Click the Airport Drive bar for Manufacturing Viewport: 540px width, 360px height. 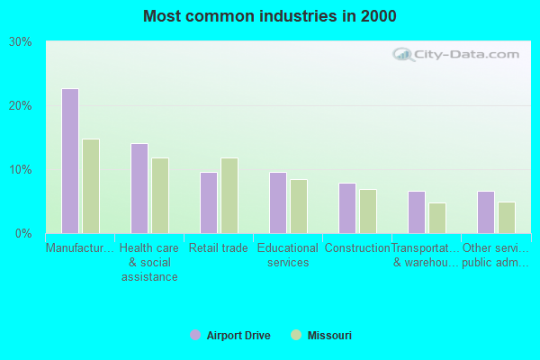pyautogui.click(x=69, y=161)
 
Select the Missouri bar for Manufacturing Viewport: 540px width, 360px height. pyautogui.click(x=91, y=186)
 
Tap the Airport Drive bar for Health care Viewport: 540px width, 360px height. pyautogui.click(x=139, y=188)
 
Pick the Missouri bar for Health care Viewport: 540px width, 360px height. pyautogui.click(x=160, y=195)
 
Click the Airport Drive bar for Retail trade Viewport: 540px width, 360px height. pyautogui.click(x=209, y=202)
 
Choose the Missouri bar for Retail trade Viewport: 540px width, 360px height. pyautogui.click(x=229, y=195)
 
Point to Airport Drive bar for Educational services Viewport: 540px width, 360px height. pyautogui.click(x=278, y=202)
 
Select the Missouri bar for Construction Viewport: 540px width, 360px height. pyautogui.click(x=368, y=211)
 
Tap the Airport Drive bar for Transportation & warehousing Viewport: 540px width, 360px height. pyautogui.click(x=417, y=212)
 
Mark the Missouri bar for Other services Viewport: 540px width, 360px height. pyautogui.click(x=507, y=217)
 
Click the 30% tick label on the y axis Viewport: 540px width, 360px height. pyautogui.click(x=21, y=42)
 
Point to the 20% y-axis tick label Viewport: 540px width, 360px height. pyautogui.click(x=21, y=106)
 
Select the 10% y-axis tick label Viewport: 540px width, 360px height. pyautogui.click(x=21, y=170)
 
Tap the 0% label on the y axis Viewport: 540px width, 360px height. pyautogui.click(x=24, y=234)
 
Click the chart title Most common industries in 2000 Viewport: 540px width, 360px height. pyautogui.click(x=269, y=16)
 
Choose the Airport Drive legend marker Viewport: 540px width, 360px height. pyautogui.click(x=195, y=336)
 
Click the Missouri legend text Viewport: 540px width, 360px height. pyautogui.click(x=329, y=336)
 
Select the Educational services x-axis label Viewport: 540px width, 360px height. pyautogui.click(x=288, y=256)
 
